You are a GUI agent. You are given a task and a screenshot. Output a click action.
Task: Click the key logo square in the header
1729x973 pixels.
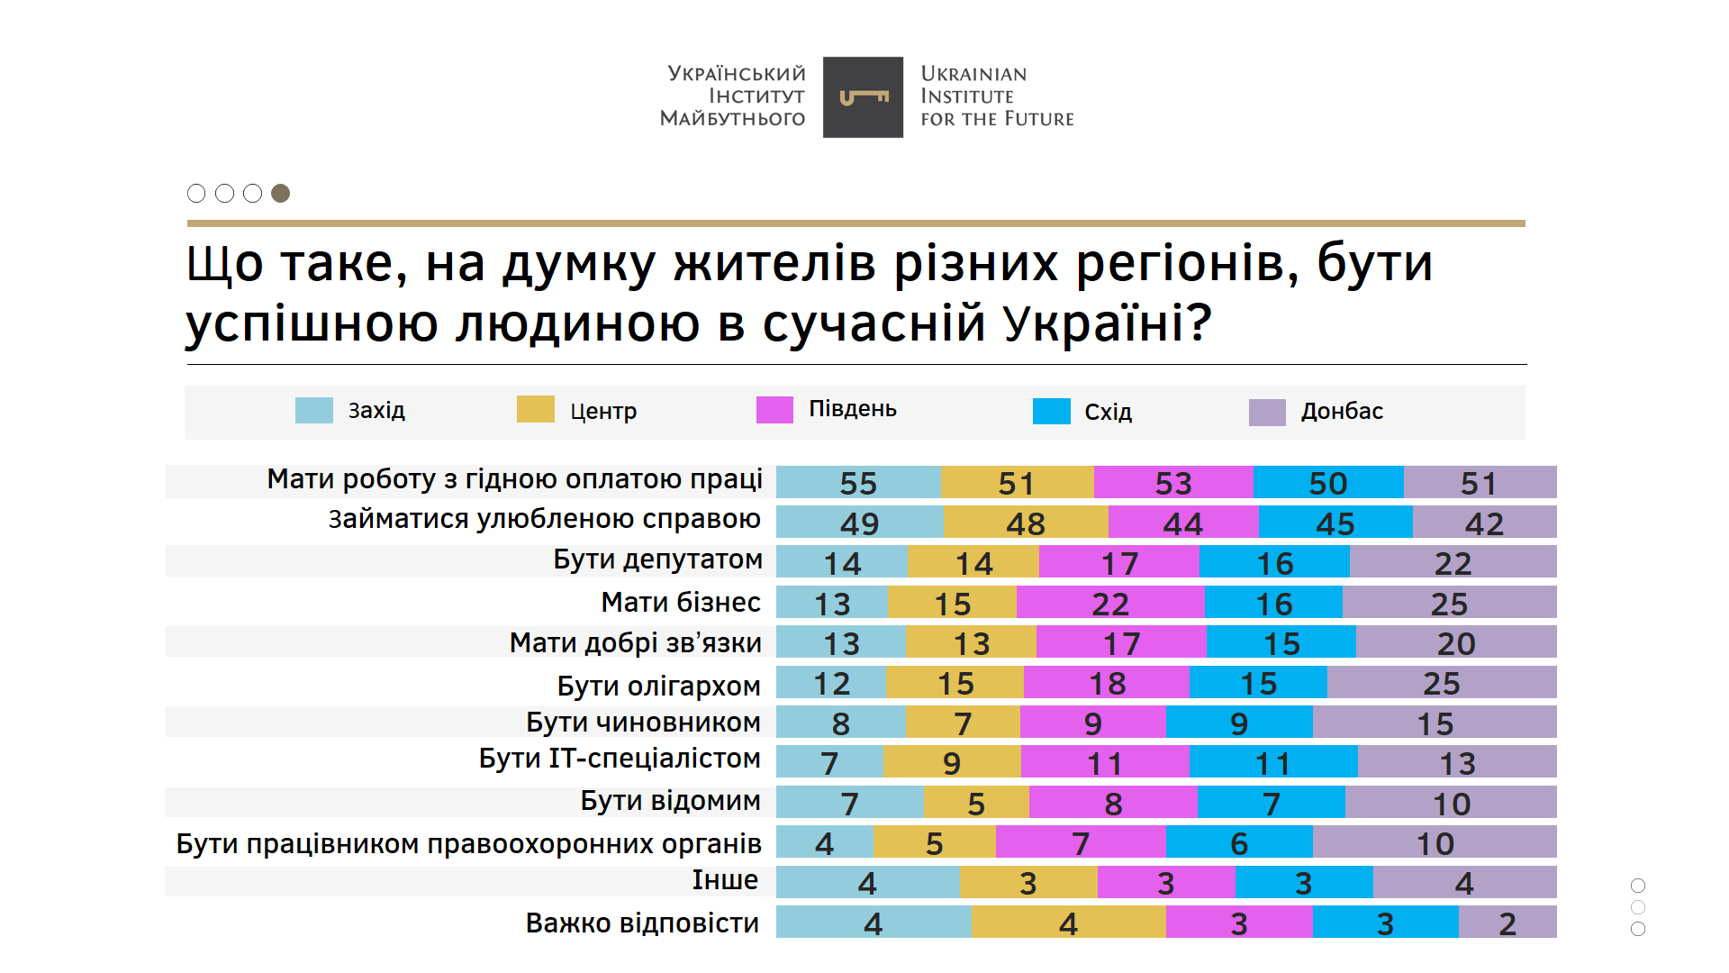point(863,97)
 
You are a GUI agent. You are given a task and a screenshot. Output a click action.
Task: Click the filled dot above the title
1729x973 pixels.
point(281,193)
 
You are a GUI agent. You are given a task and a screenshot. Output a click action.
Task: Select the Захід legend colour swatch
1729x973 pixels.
point(313,410)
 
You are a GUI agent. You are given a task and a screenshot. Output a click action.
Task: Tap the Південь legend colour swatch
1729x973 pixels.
point(774,410)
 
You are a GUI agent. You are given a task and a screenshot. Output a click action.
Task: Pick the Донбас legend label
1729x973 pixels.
point(1341,412)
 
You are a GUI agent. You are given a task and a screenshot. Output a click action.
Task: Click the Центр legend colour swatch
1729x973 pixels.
point(535,409)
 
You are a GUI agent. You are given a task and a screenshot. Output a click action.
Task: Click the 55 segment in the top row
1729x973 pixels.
point(858,483)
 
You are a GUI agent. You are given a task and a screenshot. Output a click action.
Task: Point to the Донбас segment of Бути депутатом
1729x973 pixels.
point(1453,563)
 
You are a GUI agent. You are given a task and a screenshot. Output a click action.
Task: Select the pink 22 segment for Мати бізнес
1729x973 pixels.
point(1110,603)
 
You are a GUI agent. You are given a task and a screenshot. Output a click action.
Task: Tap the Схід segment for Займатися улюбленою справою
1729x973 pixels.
point(1335,523)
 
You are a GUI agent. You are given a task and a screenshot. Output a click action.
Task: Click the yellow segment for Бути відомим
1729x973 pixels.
point(976,803)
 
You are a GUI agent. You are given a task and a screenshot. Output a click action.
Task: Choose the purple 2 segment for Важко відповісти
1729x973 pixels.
point(1507,923)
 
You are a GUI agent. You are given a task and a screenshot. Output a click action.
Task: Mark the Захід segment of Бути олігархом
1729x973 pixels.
point(831,683)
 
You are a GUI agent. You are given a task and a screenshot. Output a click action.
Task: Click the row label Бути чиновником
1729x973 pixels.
point(643,723)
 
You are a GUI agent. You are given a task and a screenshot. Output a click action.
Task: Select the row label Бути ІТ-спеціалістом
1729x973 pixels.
point(620,759)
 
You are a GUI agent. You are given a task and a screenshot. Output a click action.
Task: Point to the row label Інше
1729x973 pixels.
point(725,880)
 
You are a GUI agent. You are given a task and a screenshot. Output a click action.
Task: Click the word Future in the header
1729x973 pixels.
point(1039,119)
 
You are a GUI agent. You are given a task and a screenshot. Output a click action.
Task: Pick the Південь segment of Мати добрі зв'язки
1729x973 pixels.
point(1121,642)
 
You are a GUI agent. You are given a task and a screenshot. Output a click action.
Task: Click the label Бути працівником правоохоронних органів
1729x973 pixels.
point(468,844)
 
